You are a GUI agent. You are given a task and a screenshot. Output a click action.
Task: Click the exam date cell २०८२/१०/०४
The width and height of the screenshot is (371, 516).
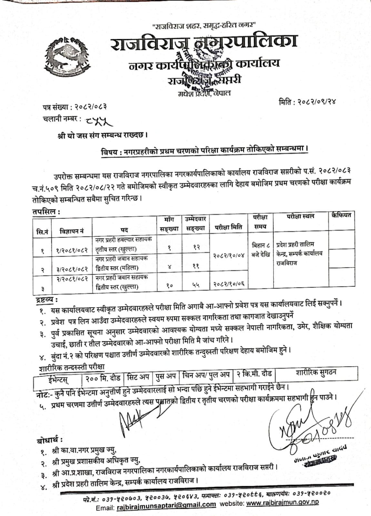tap(229, 255)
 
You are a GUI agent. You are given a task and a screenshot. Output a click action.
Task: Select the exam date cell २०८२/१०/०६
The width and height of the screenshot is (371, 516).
tap(229, 284)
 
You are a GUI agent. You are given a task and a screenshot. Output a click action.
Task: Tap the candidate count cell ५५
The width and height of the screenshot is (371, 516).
tap(196, 284)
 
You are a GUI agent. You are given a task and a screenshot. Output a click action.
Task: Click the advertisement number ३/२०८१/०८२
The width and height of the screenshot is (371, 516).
tap(72, 269)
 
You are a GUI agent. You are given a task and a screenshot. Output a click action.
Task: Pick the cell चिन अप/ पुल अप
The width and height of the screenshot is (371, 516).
tap(206, 375)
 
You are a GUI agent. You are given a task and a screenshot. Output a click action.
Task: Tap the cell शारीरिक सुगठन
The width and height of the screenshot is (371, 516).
tap(316, 372)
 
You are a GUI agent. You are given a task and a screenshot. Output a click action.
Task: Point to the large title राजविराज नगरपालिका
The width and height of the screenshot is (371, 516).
tap(203, 44)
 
